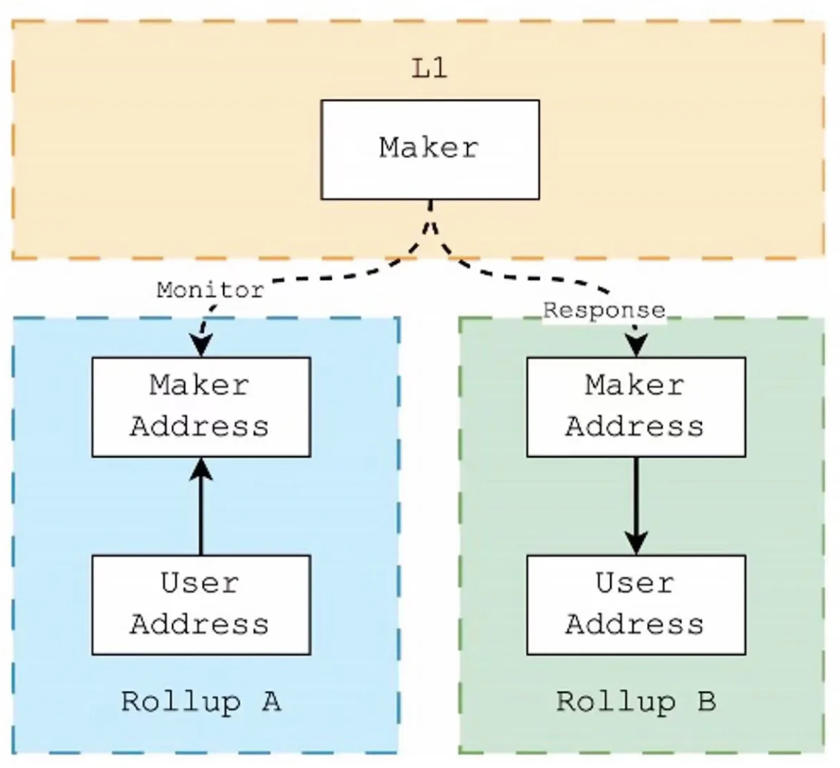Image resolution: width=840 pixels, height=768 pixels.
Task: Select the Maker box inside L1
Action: (x=430, y=150)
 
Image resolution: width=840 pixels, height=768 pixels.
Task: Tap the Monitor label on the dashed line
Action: (x=210, y=290)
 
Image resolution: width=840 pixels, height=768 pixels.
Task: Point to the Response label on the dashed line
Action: (x=604, y=311)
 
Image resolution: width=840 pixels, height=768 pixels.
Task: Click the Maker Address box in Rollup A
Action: (x=200, y=407)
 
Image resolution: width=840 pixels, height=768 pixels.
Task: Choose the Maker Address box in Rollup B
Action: (x=636, y=407)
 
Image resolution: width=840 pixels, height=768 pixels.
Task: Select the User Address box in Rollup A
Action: (x=200, y=605)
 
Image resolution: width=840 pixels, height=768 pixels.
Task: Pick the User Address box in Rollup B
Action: (x=636, y=605)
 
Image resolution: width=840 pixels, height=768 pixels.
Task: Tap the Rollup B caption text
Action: (x=636, y=702)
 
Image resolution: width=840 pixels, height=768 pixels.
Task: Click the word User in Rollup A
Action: (x=200, y=584)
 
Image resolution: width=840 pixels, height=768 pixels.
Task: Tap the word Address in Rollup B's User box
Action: (x=636, y=625)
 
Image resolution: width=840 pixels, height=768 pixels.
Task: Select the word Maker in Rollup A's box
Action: (x=200, y=386)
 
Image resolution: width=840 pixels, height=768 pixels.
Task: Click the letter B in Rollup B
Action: (x=706, y=702)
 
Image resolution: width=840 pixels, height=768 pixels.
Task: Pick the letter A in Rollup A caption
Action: (x=270, y=702)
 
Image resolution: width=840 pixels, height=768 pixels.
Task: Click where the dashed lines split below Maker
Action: (x=430, y=220)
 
